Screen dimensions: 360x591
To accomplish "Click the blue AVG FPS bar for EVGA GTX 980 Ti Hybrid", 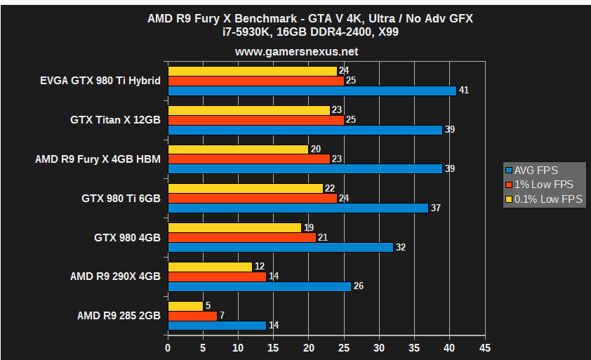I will pos(312,91).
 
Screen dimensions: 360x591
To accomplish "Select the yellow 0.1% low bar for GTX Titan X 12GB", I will pos(248,110).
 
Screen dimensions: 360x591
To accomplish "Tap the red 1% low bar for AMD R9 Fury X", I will pos(248,159).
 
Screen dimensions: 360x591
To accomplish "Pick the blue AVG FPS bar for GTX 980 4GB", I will pos(280,247).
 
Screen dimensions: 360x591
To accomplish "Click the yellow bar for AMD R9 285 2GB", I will pos(185,306).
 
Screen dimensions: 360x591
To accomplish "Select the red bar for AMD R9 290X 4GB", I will pos(217,276).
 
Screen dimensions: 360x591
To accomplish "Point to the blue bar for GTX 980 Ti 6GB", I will pos(298,208).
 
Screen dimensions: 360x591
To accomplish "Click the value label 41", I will pos(463,91).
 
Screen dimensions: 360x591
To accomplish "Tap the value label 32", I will pos(400,247).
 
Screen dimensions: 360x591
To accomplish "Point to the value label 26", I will pos(358,286).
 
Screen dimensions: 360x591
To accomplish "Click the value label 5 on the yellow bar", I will pos(208,306).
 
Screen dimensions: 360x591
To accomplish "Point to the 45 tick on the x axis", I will pos(484,348).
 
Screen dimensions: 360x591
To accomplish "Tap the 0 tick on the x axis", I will pos(168,348).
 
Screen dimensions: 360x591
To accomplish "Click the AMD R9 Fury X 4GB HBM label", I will pos(98,159).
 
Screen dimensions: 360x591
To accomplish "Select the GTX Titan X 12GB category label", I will pos(115,120).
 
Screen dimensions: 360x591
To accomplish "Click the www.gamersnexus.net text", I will pos(296,51).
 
